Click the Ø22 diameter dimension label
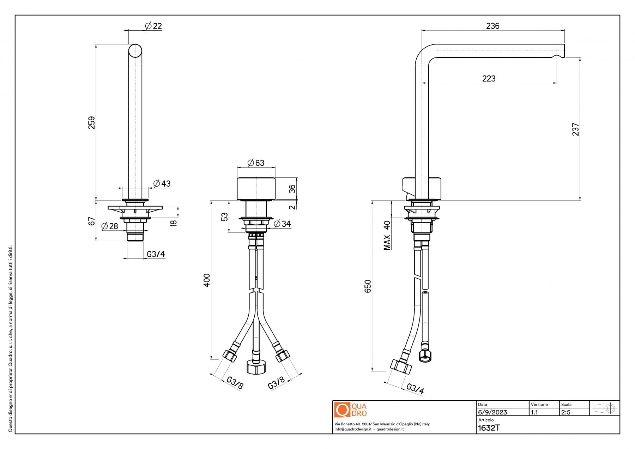(153, 26)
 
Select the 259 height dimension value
(92, 122)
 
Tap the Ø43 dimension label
(162, 183)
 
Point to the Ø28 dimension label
(110, 226)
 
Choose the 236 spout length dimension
(492, 26)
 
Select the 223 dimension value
(489, 79)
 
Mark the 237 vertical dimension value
(575, 129)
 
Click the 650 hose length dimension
(368, 286)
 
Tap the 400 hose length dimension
(207, 280)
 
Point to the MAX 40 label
(387, 235)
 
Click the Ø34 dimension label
(282, 224)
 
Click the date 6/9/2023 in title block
(492, 412)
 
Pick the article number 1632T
(489, 428)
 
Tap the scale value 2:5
(566, 412)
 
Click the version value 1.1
(534, 412)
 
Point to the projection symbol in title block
(605, 408)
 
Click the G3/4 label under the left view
(156, 254)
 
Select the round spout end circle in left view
(135, 51)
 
